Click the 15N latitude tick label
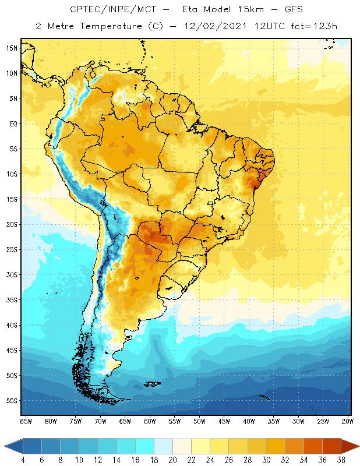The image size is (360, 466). click(x=12, y=48)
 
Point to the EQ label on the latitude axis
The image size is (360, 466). click(x=13, y=123)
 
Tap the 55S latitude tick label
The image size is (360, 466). click(x=12, y=401)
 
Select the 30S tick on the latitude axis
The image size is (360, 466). click(x=12, y=274)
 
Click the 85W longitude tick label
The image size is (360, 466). click(x=26, y=421)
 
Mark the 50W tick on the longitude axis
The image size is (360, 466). click(x=200, y=421)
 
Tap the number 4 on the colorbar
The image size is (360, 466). click(x=23, y=460)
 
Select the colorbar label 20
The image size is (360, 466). click(x=172, y=460)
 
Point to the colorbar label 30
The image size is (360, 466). click(x=266, y=460)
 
